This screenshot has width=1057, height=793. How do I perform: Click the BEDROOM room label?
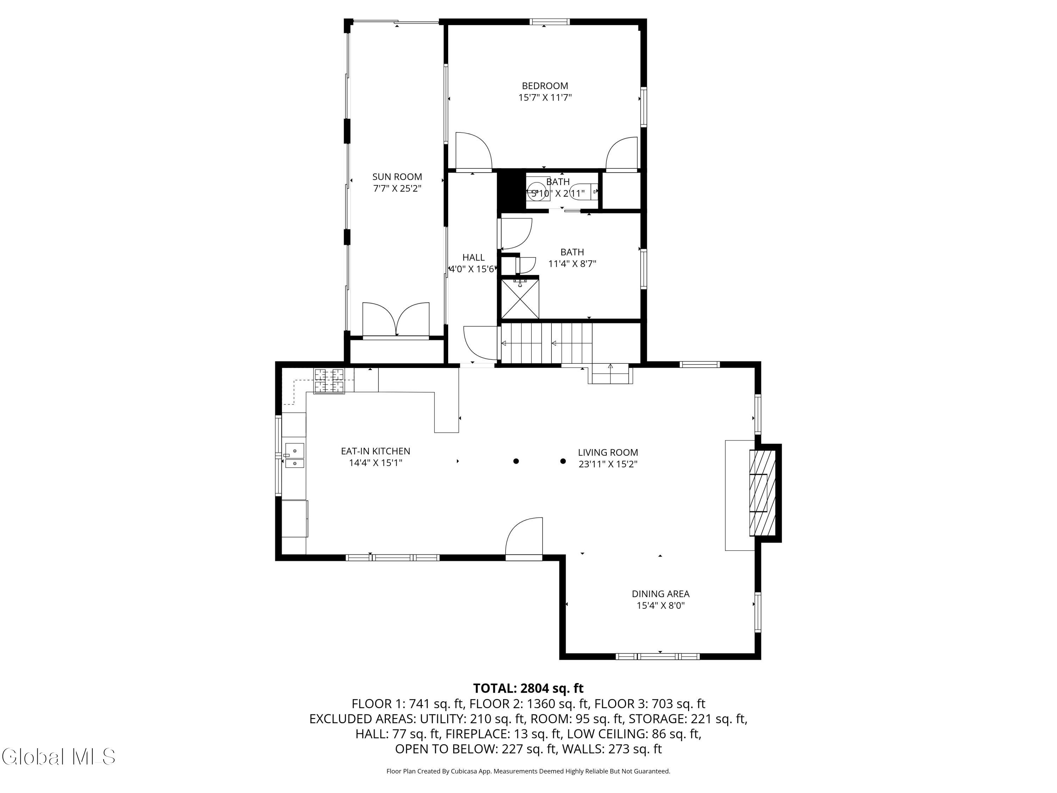point(545,86)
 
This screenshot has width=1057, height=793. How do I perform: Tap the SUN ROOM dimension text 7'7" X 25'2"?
point(397,188)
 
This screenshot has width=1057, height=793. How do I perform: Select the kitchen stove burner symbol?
point(329,381)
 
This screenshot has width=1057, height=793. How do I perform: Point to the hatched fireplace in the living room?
point(762,493)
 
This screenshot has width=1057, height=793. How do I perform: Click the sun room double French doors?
point(396,320)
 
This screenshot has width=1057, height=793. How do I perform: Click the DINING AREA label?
point(660,594)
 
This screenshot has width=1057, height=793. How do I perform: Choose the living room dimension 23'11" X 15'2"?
point(608,464)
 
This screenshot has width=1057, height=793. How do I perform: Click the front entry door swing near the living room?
point(524,538)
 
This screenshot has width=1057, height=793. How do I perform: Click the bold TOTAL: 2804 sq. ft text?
point(528,688)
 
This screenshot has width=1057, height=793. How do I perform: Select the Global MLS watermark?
point(58,757)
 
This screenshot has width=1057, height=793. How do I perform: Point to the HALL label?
point(473,258)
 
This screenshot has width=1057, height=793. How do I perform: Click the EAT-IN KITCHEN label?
point(375,451)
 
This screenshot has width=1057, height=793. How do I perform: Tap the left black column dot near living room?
point(516,461)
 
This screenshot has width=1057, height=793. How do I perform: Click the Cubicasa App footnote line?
point(528,771)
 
